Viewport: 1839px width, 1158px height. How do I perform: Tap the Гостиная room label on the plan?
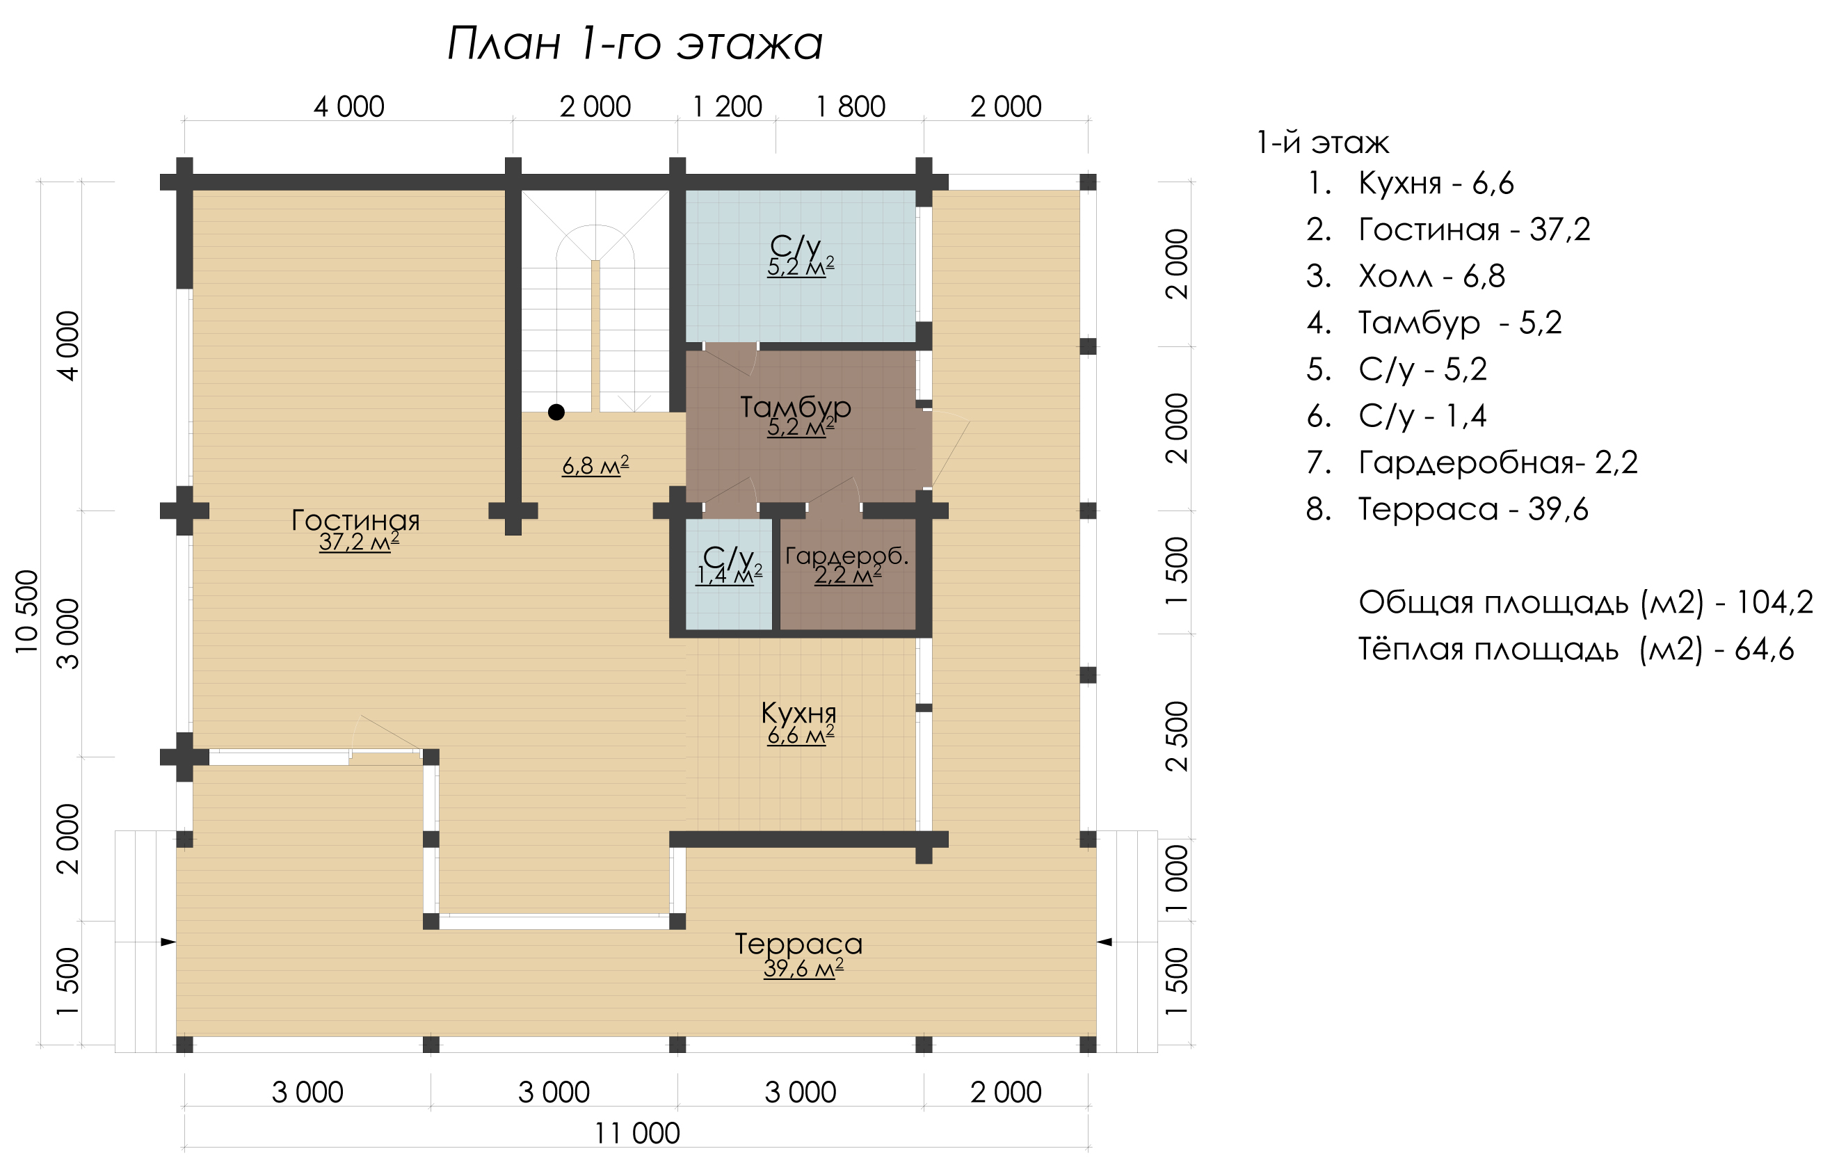pos(356,520)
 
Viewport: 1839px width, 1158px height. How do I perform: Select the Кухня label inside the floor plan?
pos(799,714)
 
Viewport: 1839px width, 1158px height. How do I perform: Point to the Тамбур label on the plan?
pos(796,408)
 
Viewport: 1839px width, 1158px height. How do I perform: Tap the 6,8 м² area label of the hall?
pos(595,465)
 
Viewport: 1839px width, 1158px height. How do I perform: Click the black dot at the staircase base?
pos(556,412)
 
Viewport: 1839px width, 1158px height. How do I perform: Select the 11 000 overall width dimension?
pos(637,1134)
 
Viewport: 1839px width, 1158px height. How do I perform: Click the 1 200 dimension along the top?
pos(727,107)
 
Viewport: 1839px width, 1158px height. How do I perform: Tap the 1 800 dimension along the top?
pos(851,107)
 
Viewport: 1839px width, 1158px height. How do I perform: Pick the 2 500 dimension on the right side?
pos(1178,737)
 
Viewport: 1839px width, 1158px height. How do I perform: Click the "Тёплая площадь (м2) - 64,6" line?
pos(1576,650)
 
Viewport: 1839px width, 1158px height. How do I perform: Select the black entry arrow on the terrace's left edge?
pos(168,942)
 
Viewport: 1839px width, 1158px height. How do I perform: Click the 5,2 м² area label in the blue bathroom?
pos(801,266)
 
